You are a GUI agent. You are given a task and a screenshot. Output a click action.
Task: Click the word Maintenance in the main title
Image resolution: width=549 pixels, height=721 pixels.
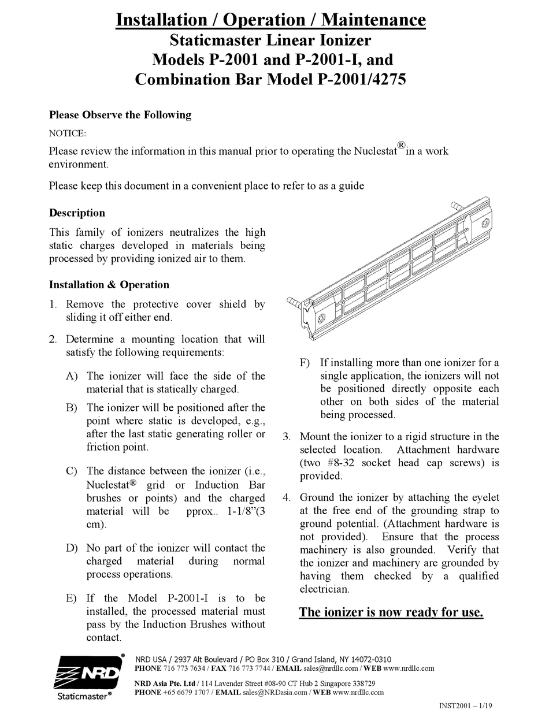[373, 20]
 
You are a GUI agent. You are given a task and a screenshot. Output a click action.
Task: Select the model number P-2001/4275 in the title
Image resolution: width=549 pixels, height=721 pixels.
[361, 79]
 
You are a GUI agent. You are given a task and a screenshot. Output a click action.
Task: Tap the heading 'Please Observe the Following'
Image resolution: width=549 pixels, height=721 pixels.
[120, 114]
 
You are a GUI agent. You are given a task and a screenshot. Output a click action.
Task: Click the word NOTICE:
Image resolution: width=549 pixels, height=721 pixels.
[67, 133]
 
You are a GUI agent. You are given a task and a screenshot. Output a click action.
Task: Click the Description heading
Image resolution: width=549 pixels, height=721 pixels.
[77, 213]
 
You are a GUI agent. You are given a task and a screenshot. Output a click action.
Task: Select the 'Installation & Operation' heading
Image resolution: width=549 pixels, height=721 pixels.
[109, 284]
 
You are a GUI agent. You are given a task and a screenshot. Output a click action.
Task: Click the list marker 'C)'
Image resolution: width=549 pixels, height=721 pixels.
[72, 471]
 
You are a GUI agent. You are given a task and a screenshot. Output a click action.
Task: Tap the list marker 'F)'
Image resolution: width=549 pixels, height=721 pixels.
[305, 363]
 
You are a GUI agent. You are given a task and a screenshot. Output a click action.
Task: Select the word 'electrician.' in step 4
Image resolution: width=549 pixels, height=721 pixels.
[324, 589]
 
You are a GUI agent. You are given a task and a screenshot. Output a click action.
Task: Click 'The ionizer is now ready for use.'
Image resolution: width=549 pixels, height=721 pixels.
[391, 612]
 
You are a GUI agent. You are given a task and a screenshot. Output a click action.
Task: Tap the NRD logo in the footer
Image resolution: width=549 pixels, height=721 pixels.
[88, 674]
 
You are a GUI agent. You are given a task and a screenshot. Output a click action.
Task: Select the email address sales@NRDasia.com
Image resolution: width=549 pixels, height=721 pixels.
[275, 692]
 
